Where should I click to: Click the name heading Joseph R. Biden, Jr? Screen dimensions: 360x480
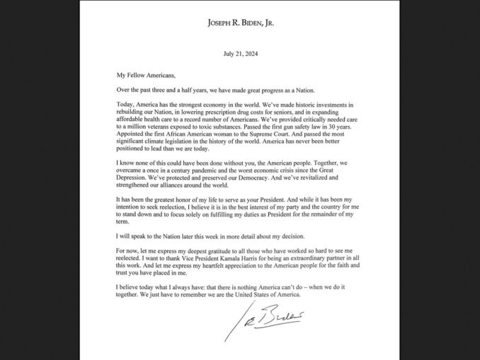[x=240, y=23]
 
